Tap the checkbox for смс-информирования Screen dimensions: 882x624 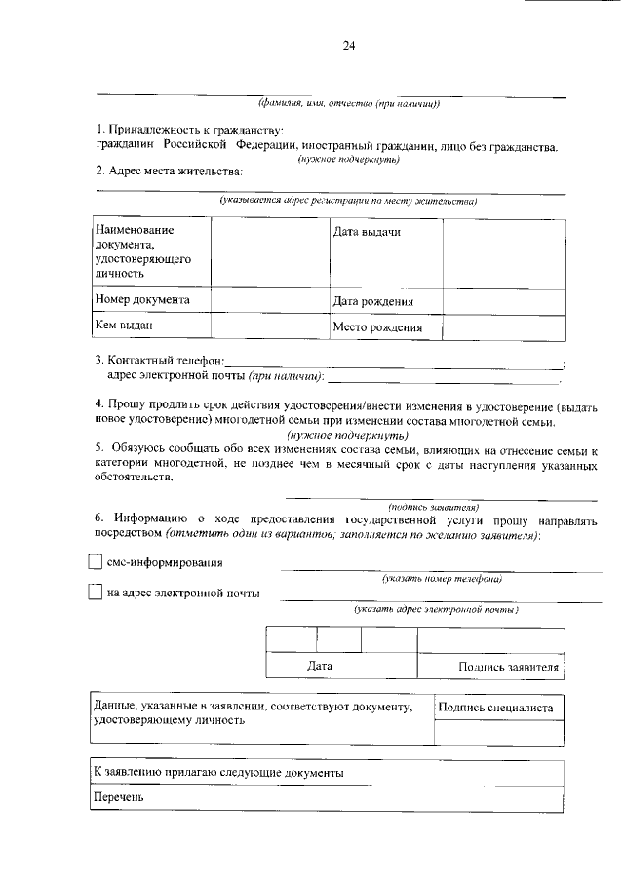click(x=95, y=562)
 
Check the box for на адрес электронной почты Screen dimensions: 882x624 click(x=95, y=592)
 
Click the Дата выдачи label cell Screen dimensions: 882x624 click(x=367, y=232)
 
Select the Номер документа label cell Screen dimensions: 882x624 click(x=142, y=300)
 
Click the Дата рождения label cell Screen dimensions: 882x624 click(x=379, y=302)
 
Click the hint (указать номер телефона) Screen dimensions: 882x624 click(x=442, y=578)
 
